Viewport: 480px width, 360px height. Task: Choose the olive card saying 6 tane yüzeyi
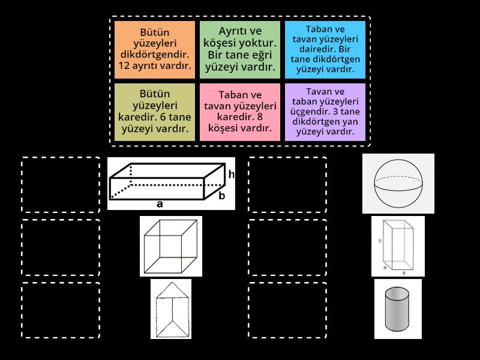[x=155, y=112]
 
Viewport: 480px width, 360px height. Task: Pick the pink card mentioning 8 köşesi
[x=240, y=112]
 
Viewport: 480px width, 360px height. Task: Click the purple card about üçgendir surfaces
[x=325, y=112]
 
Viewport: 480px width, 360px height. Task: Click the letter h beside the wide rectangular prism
[x=231, y=175]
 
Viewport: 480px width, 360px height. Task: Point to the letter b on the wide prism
[x=221, y=196]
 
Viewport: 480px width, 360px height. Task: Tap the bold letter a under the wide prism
[x=160, y=204]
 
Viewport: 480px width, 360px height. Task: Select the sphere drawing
[x=398, y=183]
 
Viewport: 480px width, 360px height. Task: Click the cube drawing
[x=170, y=246]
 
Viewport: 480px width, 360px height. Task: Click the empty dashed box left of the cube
[x=61, y=247]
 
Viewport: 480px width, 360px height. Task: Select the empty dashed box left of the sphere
[x=287, y=185]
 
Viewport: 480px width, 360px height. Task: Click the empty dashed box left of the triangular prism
[x=61, y=310]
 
